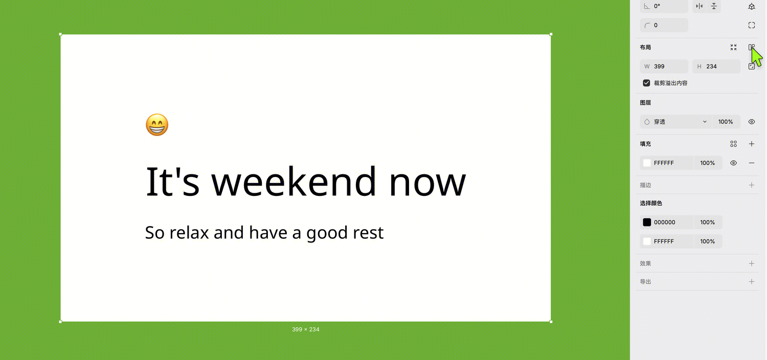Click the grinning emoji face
tap(157, 125)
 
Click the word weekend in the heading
tap(294, 181)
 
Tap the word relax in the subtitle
tap(189, 233)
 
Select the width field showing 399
tap(664, 66)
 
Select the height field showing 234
tap(716, 66)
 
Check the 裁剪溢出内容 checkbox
tap(646, 83)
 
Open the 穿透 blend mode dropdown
tap(676, 122)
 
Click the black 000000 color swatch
tap(647, 222)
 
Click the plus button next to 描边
tap(751, 185)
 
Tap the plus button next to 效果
tap(751, 263)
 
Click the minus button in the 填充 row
tap(751, 163)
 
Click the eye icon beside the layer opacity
tap(751, 122)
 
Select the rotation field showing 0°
tap(664, 6)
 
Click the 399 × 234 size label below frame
tap(305, 329)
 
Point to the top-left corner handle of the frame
tap(61, 34)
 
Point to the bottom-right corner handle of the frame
tap(551, 322)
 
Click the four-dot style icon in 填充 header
tap(733, 144)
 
